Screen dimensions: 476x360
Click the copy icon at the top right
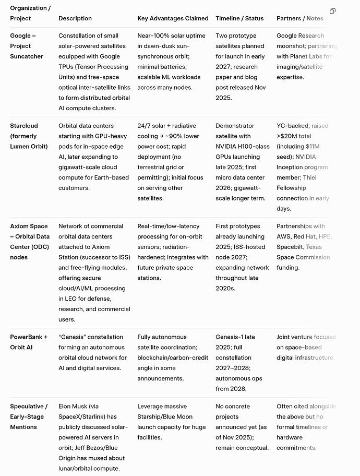click(333, 11)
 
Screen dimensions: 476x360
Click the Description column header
click(76, 18)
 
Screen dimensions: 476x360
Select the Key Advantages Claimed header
click(173, 18)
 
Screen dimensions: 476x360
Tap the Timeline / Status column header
click(239, 18)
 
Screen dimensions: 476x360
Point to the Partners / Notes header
click(299, 18)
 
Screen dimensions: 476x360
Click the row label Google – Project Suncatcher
click(27, 46)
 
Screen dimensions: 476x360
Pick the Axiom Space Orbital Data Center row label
click(30, 242)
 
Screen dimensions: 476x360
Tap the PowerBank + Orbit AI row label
click(29, 342)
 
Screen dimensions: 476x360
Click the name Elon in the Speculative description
click(66, 406)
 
